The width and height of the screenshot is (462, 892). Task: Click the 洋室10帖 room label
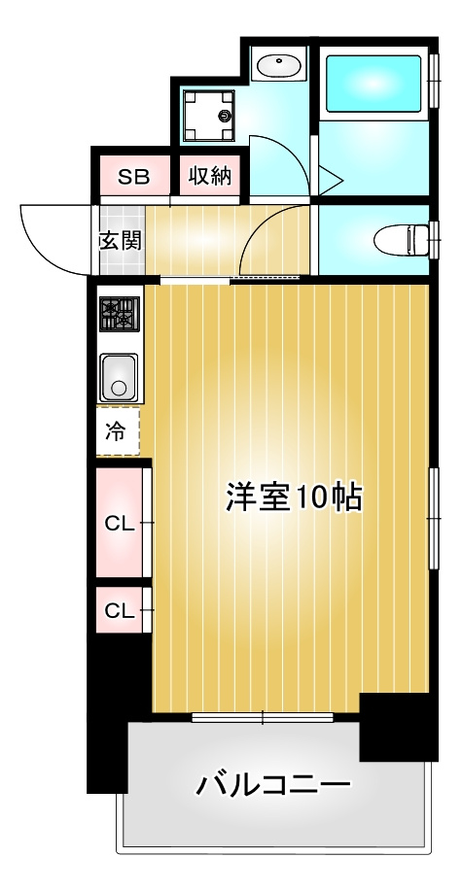(294, 497)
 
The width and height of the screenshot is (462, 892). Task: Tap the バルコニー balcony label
(273, 786)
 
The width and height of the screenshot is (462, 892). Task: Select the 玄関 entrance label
(121, 241)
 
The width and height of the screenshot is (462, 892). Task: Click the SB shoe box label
(134, 177)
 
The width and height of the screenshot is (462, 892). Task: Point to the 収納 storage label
(210, 176)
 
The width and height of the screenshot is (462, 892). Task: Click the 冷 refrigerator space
(118, 431)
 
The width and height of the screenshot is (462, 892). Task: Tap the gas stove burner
(120, 314)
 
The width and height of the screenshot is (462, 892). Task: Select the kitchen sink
(119, 377)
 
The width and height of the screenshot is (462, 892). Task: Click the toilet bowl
(403, 240)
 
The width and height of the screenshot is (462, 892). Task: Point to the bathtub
(373, 83)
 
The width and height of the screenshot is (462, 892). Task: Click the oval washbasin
(279, 66)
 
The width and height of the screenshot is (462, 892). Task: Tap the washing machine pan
(209, 116)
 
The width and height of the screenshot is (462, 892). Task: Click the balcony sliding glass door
(263, 717)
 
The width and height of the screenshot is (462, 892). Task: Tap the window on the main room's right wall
(434, 518)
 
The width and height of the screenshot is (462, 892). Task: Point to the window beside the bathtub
(435, 81)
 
